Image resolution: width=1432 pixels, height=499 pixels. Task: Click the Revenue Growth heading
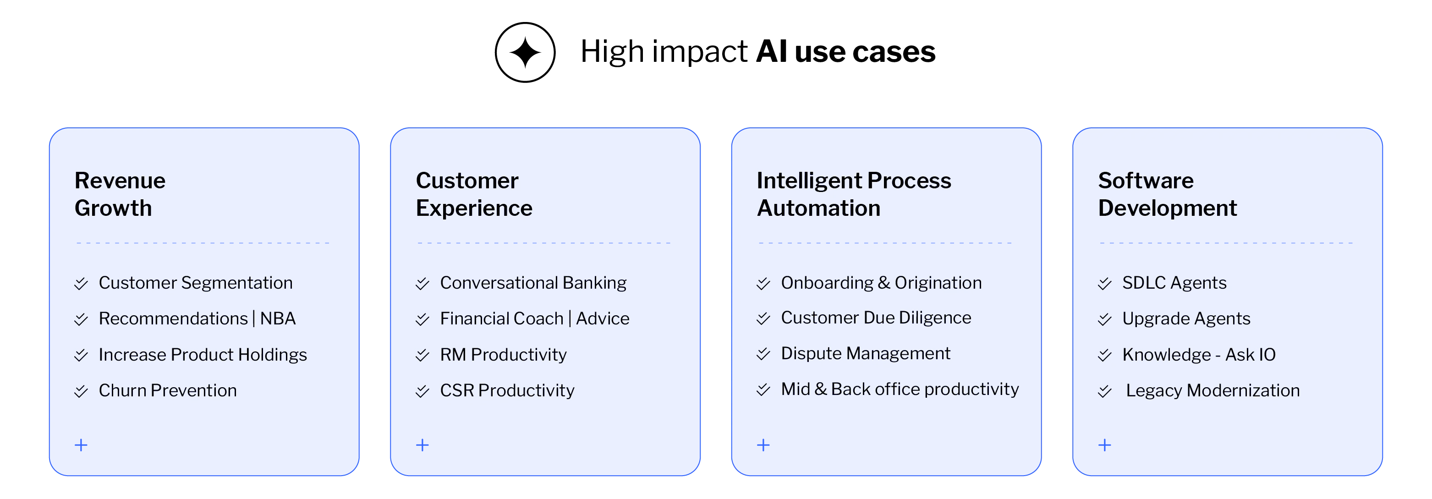pos(120,194)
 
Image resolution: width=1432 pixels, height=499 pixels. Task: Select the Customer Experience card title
pos(474,194)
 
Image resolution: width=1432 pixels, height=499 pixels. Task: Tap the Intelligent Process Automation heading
pos(853,194)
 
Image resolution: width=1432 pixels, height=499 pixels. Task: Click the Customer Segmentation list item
pos(195,283)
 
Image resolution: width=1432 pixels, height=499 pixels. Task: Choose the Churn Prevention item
pos(167,391)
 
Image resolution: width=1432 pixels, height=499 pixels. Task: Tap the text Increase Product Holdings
pos(203,355)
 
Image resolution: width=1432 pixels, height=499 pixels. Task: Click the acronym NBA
pos(278,318)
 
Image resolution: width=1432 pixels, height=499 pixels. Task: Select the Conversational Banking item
pos(533,283)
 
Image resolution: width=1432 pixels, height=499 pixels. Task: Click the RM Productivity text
pos(503,355)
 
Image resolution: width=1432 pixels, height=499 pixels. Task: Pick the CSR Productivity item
pos(507,391)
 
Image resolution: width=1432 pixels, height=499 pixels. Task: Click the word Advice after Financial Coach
pos(603,318)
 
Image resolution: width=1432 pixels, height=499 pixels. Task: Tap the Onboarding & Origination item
pos(881,283)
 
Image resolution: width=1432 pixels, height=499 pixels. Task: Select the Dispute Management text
pos(866,353)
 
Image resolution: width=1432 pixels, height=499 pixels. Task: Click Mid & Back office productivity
pos(900,389)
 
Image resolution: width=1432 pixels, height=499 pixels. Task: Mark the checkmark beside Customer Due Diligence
pos(763,318)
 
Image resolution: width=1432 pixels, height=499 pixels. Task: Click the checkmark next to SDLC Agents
pos(1104,284)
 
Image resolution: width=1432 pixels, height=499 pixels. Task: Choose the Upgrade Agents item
pos(1186,318)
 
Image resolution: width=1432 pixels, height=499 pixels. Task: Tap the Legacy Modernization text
pos(1213,391)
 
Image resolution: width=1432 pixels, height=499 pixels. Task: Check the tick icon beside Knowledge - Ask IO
pos(1104,355)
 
